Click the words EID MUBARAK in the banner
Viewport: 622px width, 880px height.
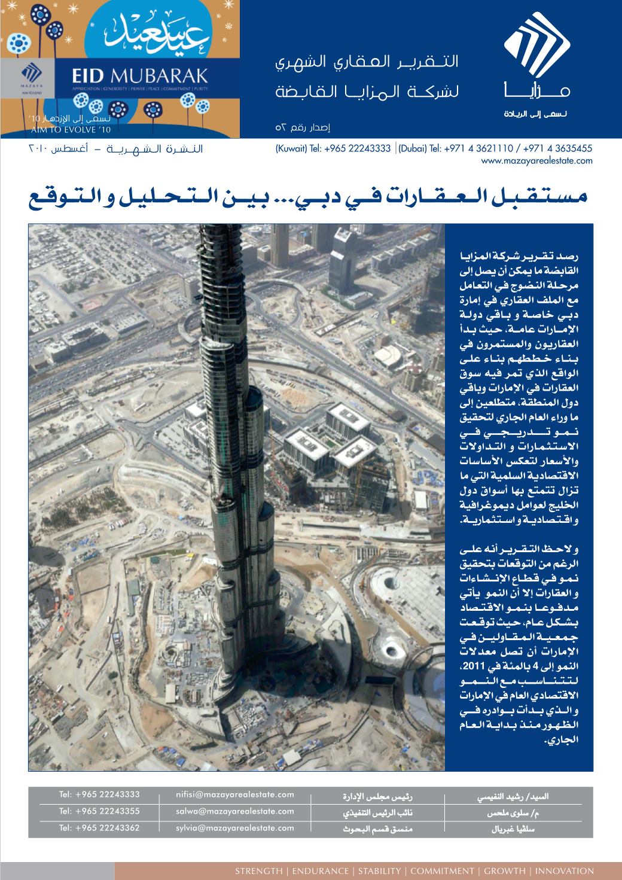[140, 75]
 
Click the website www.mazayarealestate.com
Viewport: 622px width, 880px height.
[536, 160]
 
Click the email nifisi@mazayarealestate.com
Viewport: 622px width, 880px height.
[235, 794]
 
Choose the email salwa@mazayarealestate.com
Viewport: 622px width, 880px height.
[235, 811]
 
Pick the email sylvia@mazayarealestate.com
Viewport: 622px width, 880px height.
[235, 828]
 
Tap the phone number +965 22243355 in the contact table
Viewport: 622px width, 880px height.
[99, 811]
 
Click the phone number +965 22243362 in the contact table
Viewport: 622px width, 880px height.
[99, 828]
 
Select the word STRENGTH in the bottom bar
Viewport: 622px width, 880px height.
[258, 871]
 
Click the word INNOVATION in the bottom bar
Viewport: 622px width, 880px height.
[565, 871]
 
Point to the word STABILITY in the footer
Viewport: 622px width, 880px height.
[379, 871]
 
